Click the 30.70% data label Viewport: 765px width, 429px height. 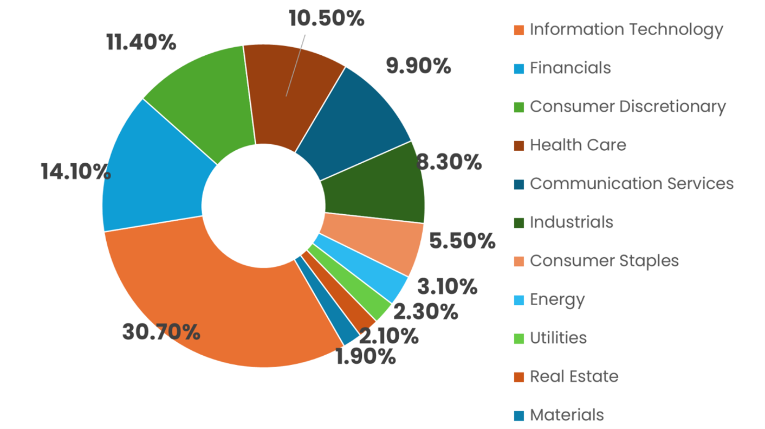[x=161, y=331]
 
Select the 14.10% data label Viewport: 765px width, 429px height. [x=76, y=172]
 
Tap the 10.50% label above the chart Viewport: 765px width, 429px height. [x=326, y=19]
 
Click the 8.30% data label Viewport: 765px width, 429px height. [x=449, y=162]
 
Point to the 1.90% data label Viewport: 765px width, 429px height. [x=366, y=357]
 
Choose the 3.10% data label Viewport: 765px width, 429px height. [x=447, y=286]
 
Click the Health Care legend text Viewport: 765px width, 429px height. [x=578, y=145]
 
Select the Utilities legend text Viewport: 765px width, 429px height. [x=558, y=338]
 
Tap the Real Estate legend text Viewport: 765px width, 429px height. [x=574, y=376]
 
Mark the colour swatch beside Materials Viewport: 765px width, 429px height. [x=519, y=416]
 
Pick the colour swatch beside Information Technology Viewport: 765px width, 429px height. [x=519, y=30]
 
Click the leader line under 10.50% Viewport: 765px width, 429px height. [x=296, y=65]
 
